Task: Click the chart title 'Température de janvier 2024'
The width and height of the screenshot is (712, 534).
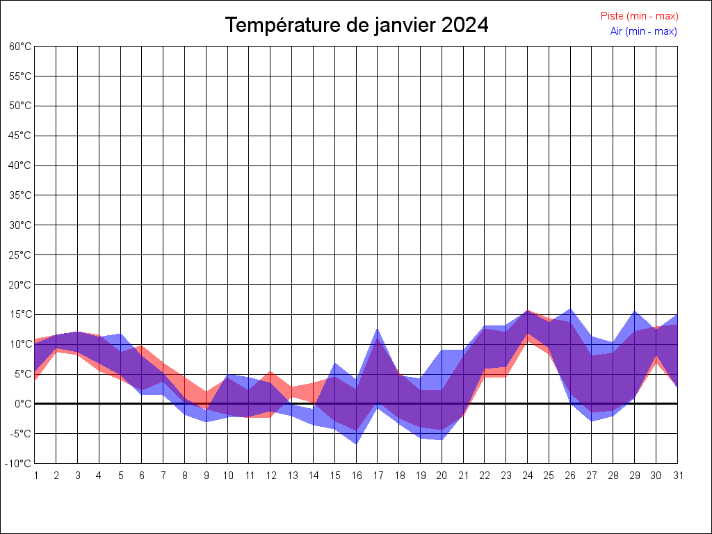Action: pyautogui.click(x=357, y=26)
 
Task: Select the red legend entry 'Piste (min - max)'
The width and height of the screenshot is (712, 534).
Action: pyautogui.click(x=639, y=16)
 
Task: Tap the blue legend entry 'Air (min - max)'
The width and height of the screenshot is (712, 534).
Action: pyautogui.click(x=643, y=31)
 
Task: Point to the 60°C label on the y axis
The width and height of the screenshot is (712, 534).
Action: pyautogui.click(x=20, y=47)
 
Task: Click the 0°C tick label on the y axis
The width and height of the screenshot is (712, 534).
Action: pyautogui.click(x=23, y=404)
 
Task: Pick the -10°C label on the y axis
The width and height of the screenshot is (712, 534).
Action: pyautogui.click(x=19, y=464)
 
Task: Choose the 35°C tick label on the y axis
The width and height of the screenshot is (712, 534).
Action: pyautogui.click(x=20, y=195)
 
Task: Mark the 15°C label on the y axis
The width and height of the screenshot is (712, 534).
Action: pyautogui.click(x=20, y=314)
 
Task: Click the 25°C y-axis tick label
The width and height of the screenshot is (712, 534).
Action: pyautogui.click(x=20, y=255)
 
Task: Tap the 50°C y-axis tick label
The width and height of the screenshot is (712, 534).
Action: pyautogui.click(x=20, y=106)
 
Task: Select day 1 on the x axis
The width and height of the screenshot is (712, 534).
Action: pyautogui.click(x=35, y=476)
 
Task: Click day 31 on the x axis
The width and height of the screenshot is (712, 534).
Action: pyautogui.click(x=677, y=476)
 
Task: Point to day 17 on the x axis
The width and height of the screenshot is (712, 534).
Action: pyautogui.click(x=378, y=476)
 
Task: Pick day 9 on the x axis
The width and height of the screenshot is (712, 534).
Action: pyautogui.click(x=206, y=476)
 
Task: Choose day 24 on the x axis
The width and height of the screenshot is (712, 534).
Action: pyautogui.click(x=527, y=476)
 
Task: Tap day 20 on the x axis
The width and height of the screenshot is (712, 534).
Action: pyautogui.click(x=442, y=476)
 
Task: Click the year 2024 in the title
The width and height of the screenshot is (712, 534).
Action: pyautogui.click(x=464, y=26)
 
